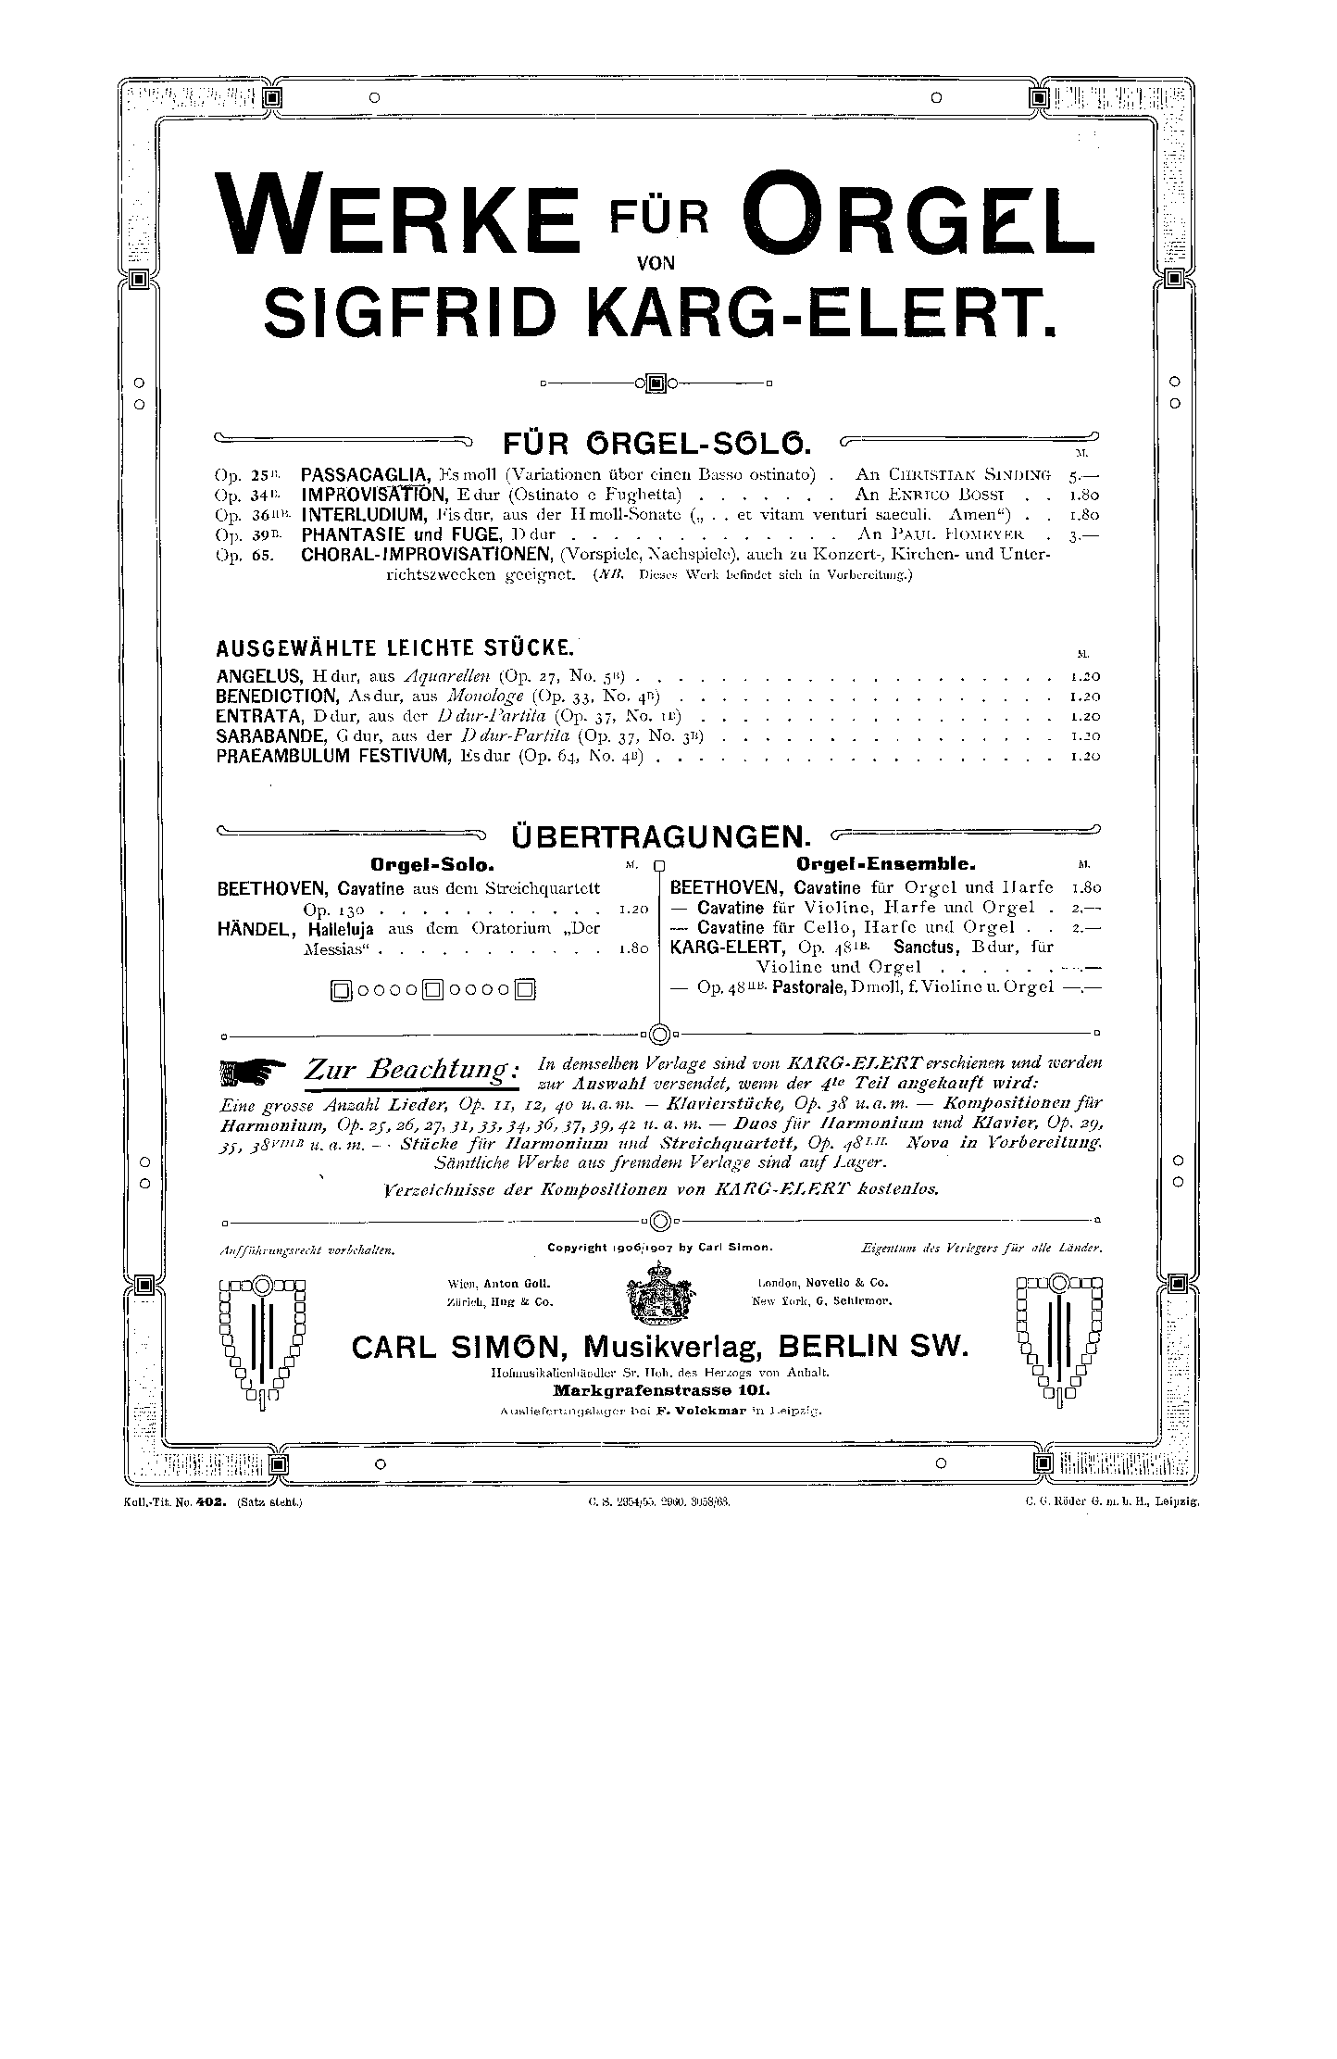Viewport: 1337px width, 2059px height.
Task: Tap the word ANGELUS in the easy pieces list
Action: tap(254, 675)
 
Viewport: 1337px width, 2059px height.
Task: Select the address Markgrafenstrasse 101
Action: tap(660, 1391)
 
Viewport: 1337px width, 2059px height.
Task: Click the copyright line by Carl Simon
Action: tap(658, 1248)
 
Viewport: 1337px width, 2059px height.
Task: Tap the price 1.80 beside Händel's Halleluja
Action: tap(633, 948)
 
